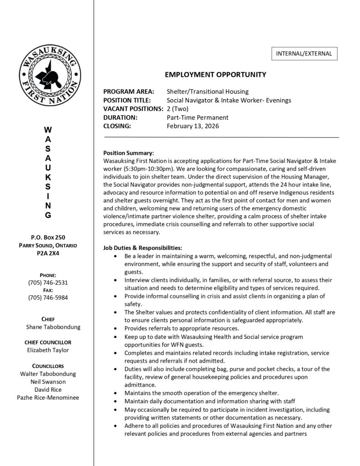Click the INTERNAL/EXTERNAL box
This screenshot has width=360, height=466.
tap(304, 54)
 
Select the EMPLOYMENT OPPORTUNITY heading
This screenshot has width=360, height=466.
tap(215, 75)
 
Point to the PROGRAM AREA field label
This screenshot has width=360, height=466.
tap(129, 91)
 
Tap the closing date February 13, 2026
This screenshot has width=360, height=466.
tap(193, 126)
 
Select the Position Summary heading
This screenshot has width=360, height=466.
tap(129, 153)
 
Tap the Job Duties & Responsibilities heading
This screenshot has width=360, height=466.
tap(143, 248)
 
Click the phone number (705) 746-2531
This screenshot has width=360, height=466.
tap(48, 283)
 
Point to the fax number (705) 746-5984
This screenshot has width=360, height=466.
tap(48, 298)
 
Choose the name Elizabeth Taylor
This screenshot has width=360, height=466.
tap(48, 350)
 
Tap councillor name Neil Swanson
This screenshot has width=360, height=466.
tap(48, 381)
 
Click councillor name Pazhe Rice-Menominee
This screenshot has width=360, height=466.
tap(48, 397)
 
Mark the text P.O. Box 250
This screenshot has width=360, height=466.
tap(48, 237)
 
